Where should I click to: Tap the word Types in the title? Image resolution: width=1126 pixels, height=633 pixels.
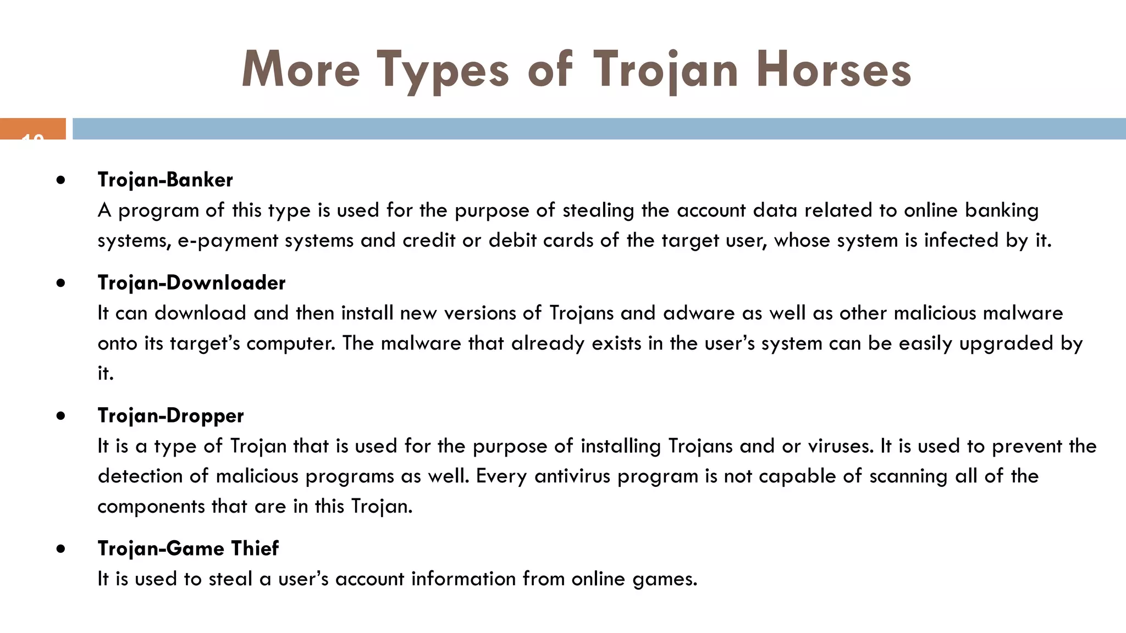pyautogui.click(x=443, y=70)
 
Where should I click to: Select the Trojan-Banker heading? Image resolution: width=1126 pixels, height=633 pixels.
pyautogui.click(x=165, y=180)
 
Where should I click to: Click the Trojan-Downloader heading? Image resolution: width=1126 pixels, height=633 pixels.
pyautogui.click(x=191, y=282)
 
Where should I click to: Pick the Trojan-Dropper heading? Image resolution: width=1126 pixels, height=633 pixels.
pyautogui.click(x=170, y=415)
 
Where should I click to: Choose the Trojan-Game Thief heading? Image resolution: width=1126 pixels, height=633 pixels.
pyautogui.click(x=188, y=548)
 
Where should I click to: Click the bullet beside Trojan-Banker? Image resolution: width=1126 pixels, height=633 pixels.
pyautogui.click(x=60, y=180)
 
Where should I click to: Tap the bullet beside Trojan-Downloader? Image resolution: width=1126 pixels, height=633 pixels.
pyautogui.click(x=60, y=283)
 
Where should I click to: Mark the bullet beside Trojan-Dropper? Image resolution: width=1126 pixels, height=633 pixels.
pyautogui.click(x=60, y=416)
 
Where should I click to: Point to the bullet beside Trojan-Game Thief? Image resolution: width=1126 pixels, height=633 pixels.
pyautogui.click(x=60, y=549)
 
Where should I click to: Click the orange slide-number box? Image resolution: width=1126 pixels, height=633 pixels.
pyautogui.click(x=33, y=129)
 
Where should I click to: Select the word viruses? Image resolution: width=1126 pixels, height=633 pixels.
pyautogui.click(x=841, y=446)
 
